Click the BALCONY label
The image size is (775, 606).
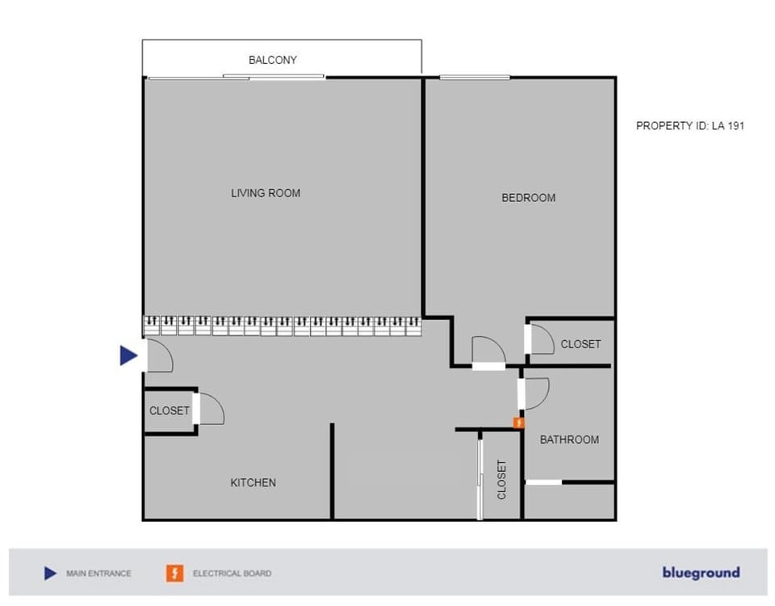(273, 60)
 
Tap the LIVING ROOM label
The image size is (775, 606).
(266, 193)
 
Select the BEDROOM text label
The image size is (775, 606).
(529, 198)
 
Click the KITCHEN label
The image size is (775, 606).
(253, 482)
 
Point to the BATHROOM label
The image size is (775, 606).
(569, 440)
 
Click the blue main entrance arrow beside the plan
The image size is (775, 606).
(128, 355)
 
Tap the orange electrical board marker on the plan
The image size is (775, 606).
(519, 422)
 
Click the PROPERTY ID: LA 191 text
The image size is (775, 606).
(690, 126)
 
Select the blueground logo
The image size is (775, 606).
(701, 573)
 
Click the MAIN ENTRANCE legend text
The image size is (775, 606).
(98, 574)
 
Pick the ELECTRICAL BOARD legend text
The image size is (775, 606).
(232, 574)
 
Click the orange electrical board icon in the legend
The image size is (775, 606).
(174, 574)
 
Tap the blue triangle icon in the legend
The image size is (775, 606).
(51, 574)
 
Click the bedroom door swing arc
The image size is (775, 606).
(489, 350)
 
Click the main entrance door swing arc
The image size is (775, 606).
(160, 356)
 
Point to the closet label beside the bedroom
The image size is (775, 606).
(580, 344)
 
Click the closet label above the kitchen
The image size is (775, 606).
(170, 410)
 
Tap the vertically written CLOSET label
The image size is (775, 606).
(501, 479)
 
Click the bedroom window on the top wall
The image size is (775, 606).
(475, 78)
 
